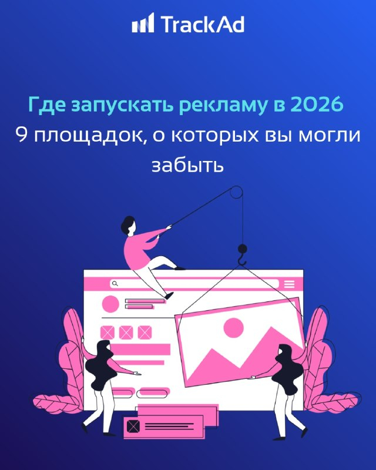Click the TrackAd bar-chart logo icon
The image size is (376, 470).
[x=143, y=22]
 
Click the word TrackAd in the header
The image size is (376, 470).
[x=203, y=24]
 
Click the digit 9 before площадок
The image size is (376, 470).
[x=21, y=135]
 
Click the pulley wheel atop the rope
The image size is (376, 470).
[x=237, y=193]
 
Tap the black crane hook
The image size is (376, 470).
[x=242, y=254]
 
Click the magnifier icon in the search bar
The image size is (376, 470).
[x=115, y=283]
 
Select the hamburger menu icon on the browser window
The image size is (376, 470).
[x=290, y=284]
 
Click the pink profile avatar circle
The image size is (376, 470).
[x=110, y=304]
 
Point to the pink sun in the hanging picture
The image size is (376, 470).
[x=234, y=328]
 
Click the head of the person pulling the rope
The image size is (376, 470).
[x=128, y=225]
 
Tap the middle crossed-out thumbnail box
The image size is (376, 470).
[x=126, y=333]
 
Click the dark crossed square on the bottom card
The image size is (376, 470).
[x=133, y=426]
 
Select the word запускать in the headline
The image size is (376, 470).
[x=123, y=106]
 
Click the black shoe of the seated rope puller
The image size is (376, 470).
[x=169, y=296]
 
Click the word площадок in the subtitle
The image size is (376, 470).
[x=90, y=136]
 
